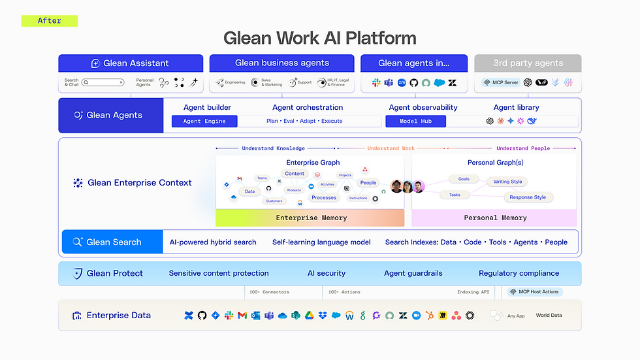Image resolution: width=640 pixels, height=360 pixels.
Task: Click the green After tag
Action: click(50, 21)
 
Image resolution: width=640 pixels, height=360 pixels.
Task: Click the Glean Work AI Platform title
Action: click(319, 38)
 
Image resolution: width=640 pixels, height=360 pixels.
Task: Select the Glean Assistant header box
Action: click(131, 63)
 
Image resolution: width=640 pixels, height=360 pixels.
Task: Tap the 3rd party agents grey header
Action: click(528, 63)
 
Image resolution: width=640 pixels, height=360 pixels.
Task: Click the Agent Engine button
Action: click(204, 122)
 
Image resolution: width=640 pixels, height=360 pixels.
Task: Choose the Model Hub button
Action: click(415, 122)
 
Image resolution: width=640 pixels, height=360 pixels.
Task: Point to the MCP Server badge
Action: click(500, 83)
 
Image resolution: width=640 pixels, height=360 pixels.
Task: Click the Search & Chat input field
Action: click(103, 83)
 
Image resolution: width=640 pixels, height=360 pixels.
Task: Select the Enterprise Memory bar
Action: click(311, 218)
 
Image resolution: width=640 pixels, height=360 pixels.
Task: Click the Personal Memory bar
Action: click(494, 218)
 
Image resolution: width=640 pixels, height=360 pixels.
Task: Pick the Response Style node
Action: click(527, 197)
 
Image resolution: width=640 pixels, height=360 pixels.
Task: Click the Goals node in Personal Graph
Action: click(463, 179)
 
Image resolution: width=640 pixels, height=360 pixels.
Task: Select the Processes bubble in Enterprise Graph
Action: click(324, 197)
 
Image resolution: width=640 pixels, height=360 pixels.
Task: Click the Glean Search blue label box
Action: click(112, 242)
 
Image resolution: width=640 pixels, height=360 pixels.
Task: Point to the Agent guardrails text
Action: click(413, 273)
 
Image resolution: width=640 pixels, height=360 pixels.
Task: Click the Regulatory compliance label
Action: click(519, 273)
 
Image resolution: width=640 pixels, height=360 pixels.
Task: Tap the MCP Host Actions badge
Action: click(534, 292)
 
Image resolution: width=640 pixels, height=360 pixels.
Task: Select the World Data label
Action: click(549, 316)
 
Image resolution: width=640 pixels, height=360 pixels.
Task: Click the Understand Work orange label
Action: click(391, 148)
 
